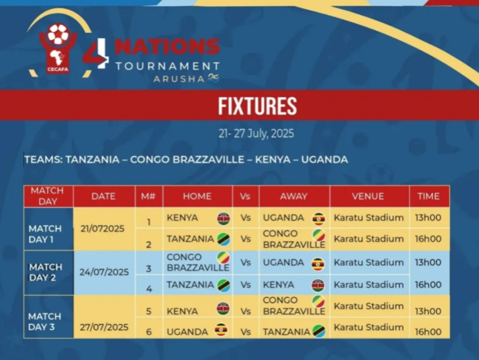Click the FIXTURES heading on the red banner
click(257, 106)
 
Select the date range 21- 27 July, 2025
click(256, 133)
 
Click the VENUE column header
click(368, 196)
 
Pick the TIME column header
click(428, 196)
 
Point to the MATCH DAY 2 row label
click(46, 272)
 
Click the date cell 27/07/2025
click(104, 327)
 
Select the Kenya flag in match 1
click(223, 218)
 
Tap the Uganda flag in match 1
click(319, 218)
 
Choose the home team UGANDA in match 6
click(187, 331)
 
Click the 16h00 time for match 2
click(428, 239)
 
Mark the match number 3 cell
click(149, 268)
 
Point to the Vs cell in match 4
click(245, 285)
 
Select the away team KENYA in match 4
click(279, 285)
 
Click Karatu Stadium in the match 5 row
click(369, 306)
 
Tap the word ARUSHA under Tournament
click(179, 79)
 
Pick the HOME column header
click(197, 196)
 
